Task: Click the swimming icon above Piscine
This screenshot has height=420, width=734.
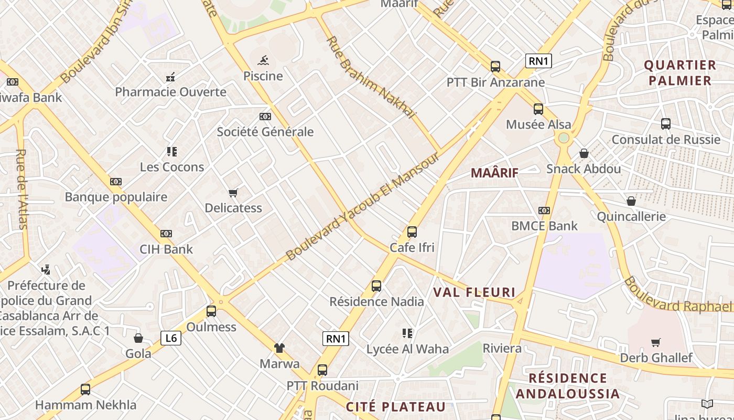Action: coord(263,60)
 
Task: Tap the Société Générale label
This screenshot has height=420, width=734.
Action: coord(265,132)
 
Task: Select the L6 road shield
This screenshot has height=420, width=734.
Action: coord(171,338)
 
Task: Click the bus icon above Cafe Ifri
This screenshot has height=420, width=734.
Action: coord(412,232)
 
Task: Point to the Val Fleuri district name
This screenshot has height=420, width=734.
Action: coord(474,292)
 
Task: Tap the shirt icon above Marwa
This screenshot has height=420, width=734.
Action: coord(279,348)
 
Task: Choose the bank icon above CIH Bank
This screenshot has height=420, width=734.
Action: coord(166,234)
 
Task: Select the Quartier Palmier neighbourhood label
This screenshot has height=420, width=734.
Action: coord(679,73)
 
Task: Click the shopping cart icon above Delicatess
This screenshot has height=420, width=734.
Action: coord(233,193)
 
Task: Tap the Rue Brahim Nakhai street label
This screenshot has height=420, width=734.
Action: coord(371,77)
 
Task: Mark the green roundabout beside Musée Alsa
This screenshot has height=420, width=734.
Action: coord(564,138)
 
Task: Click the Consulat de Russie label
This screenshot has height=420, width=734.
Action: coord(666,140)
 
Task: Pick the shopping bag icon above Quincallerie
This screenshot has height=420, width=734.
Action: coord(631,201)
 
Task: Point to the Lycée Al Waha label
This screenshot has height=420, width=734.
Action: coord(407,349)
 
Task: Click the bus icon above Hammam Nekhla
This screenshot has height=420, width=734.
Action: coord(85,390)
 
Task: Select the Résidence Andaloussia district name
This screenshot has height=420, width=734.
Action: coord(567,386)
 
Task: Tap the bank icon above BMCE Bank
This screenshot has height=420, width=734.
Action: coord(544,211)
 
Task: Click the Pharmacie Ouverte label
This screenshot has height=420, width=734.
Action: coord(170,92)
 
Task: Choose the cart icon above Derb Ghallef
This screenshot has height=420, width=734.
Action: coord(655,343)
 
